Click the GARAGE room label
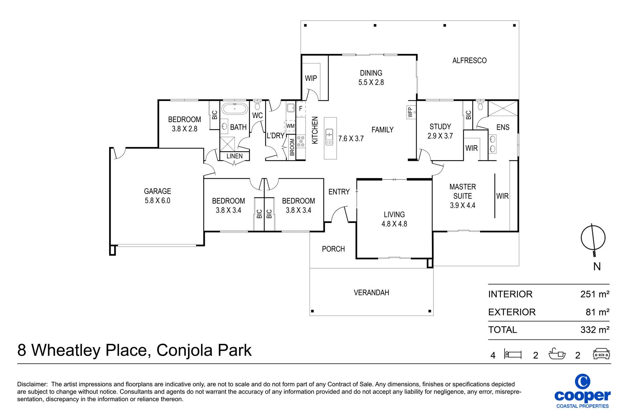tap(157, 191)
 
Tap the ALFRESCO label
tap(469, 61)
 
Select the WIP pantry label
tap(311, 78)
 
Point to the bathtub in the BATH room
tap(235, 109)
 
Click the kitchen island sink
tap(329, 137)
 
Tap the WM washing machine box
tap(290, 126)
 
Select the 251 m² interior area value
tap(595, 294)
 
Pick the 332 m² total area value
tap(595, 330)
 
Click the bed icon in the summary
tap(513, 354)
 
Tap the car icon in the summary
tap(601, 354)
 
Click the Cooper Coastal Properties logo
tap(582, 391)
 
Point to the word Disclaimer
tap(32, 384)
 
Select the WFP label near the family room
tap(410, 112)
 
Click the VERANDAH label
tap(371, 293)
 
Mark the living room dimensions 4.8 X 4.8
tap(394, 224)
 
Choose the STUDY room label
tap(440, 126)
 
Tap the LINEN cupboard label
tap(234, 156)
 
